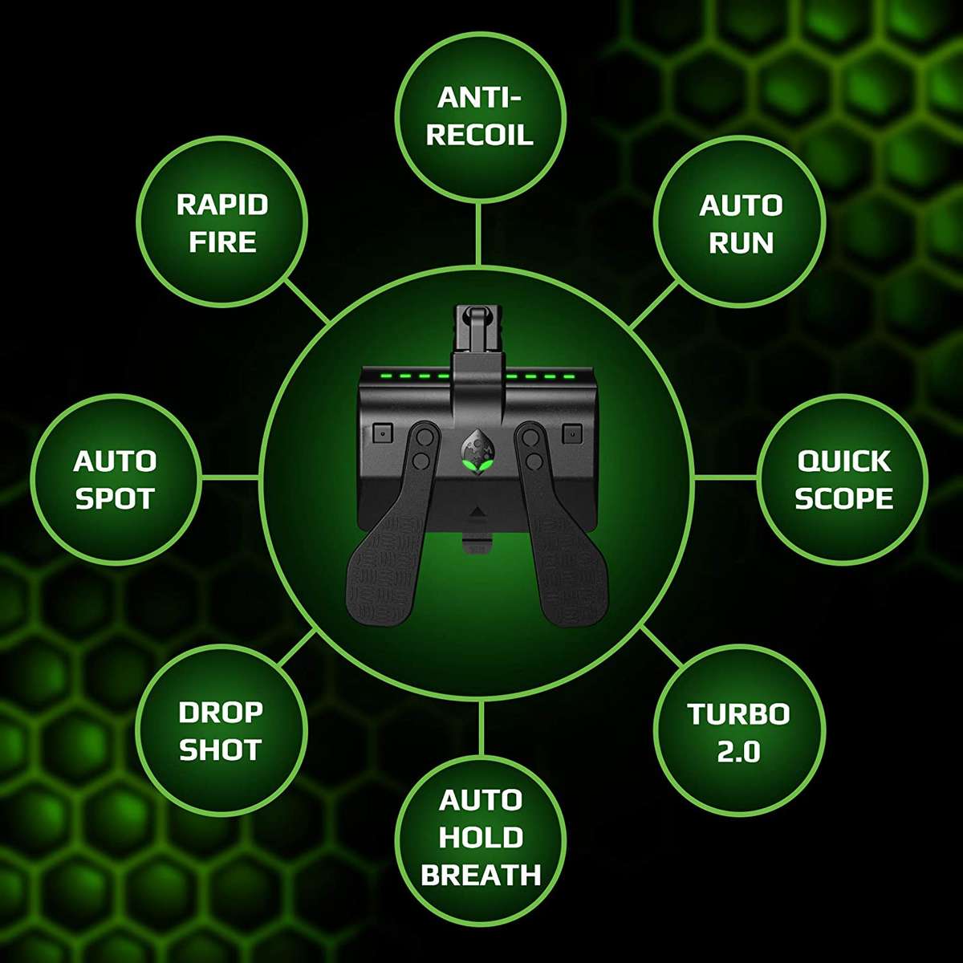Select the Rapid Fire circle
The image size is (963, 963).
pyautogui.click(x=222, y=223)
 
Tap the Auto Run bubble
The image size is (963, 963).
pyautogui.click(x=740, y=223)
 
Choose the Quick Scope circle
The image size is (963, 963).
pyautogui.click(x=843, y=480)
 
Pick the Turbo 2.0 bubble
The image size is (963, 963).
pyautogui.click(x=739, y=732)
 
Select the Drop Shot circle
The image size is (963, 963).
pyautogui.click(x=221, y=730)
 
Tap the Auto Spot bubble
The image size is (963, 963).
pyautogui.click(x=115, y=480)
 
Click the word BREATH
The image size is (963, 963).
pyautogui.click(x=481, y=875)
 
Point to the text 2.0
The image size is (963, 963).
pyautogui.click(x=739, y=752)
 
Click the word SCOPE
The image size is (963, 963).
pyautogui.click(x=843, y=498)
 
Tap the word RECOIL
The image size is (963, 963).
pyautogui.click(x=480, y=134)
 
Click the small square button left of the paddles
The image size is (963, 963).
pyautogui.click(x=381, y=432)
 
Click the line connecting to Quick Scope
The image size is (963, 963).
pyautogui.click(x=726, y=477)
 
